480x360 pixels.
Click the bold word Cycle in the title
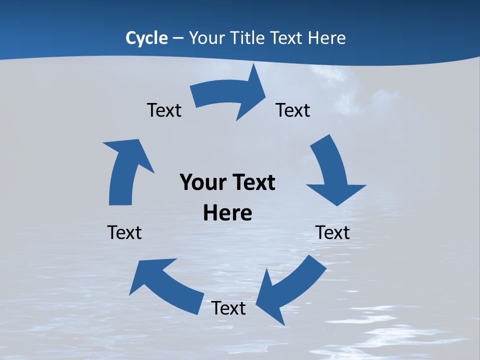point(146,38)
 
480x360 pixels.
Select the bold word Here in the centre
point(227,213)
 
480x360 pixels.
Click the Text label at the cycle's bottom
point(228,308)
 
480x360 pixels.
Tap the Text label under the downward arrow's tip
point(332,232)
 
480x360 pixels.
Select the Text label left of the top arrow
point(164,110)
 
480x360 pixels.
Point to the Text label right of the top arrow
point(293,110)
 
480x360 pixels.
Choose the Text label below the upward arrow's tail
point(124,232)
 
